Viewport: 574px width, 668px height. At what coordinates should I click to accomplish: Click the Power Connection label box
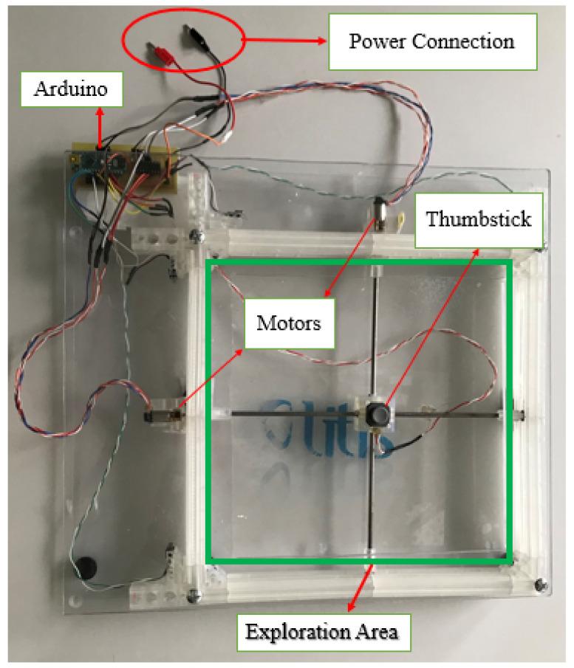coord(431,41)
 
